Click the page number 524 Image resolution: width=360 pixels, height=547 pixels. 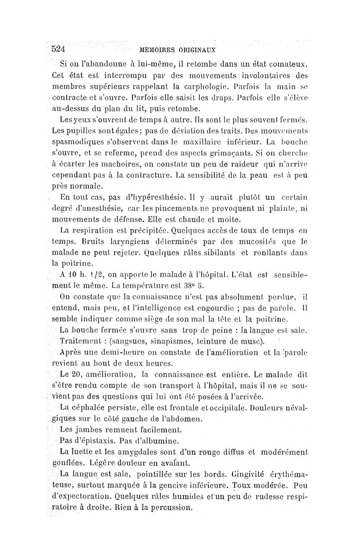click(58, 49)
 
